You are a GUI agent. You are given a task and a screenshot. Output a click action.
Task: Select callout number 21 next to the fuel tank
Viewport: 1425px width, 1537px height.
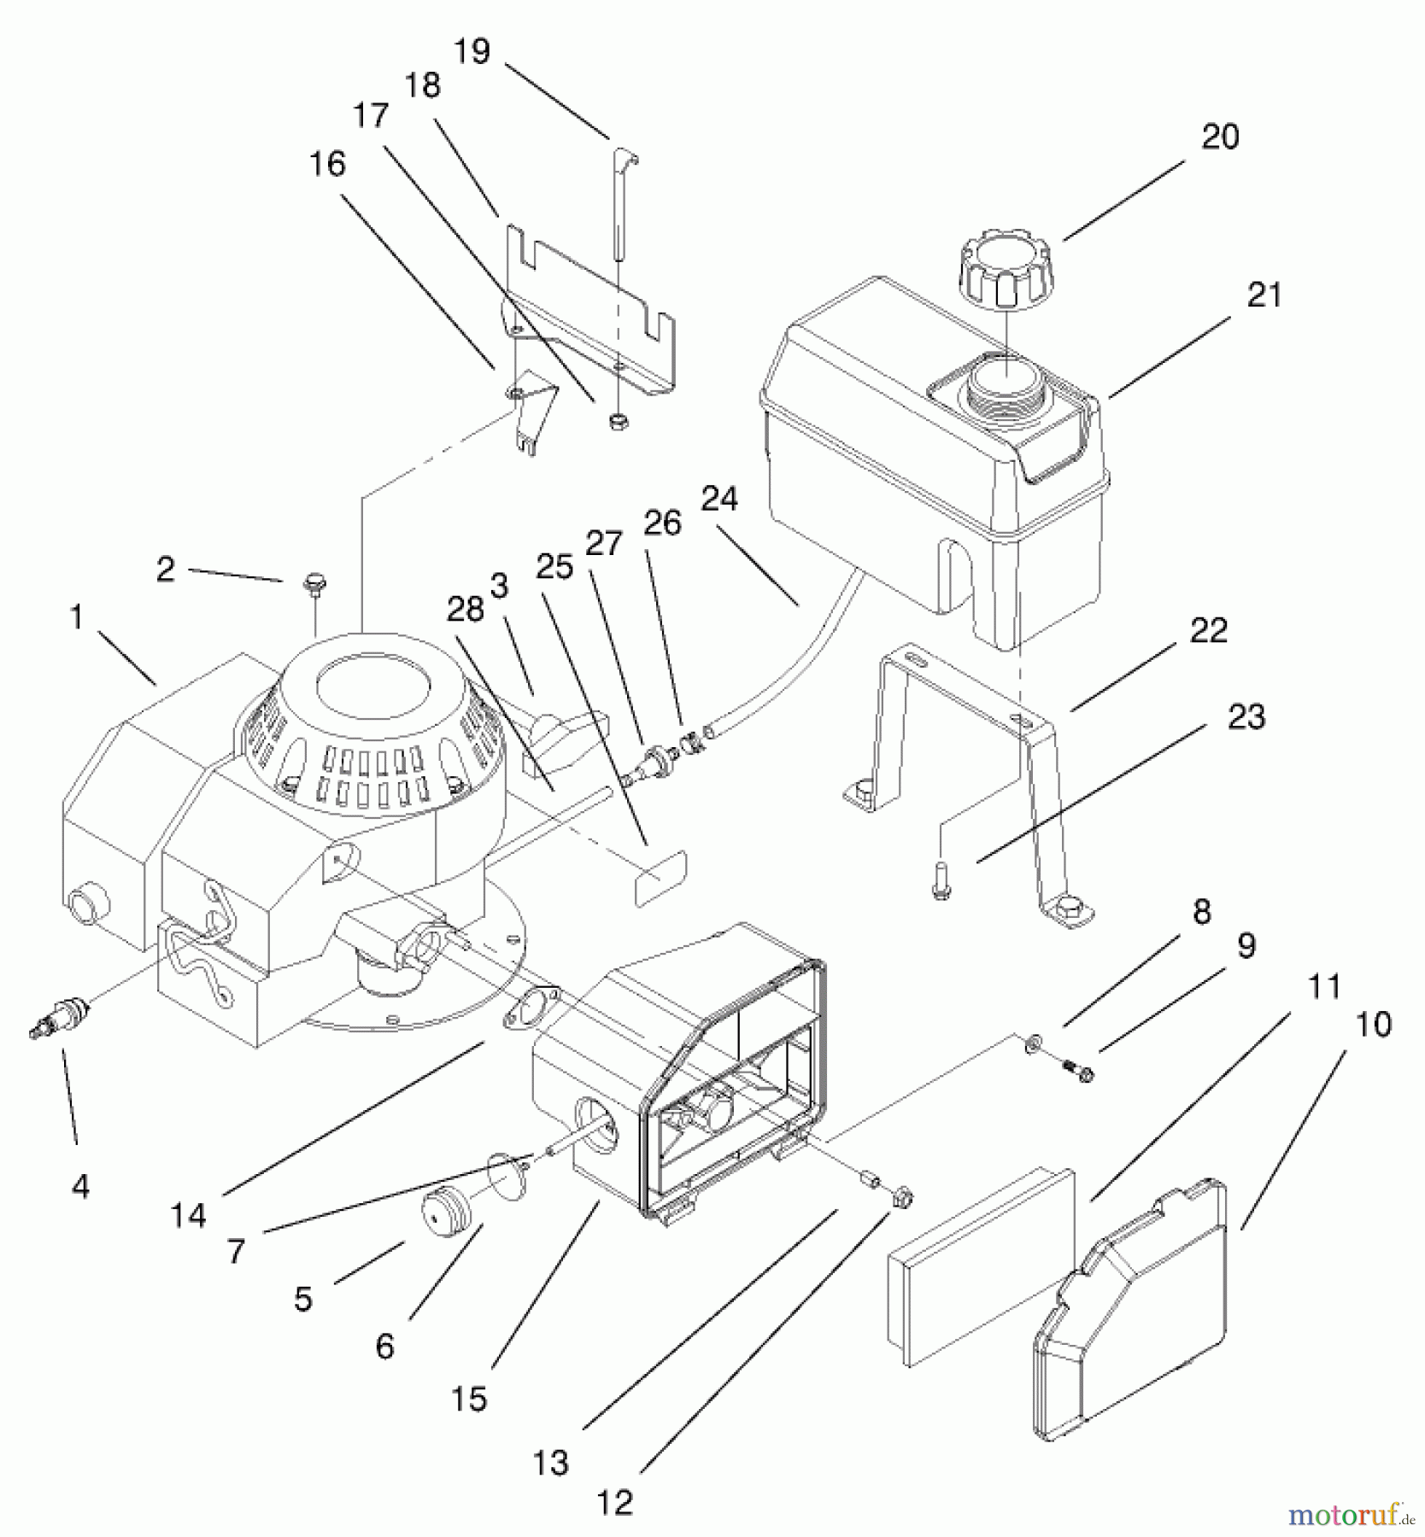pos(1264,295)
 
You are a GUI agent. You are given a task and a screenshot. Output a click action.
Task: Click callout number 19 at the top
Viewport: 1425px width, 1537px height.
pos(472,51)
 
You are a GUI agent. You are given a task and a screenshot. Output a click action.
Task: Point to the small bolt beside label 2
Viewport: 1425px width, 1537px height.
pos(314,585)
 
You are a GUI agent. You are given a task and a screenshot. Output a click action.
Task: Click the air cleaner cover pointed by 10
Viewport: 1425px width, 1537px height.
pos(1129,1312)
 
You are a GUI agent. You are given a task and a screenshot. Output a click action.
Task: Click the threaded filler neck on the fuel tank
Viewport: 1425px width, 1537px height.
pos(1001,387)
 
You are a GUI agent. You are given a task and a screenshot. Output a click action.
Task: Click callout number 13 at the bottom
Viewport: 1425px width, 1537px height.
pos(551,1462)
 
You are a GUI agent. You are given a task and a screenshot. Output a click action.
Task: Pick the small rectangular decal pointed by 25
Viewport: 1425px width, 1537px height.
pos(660,877)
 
